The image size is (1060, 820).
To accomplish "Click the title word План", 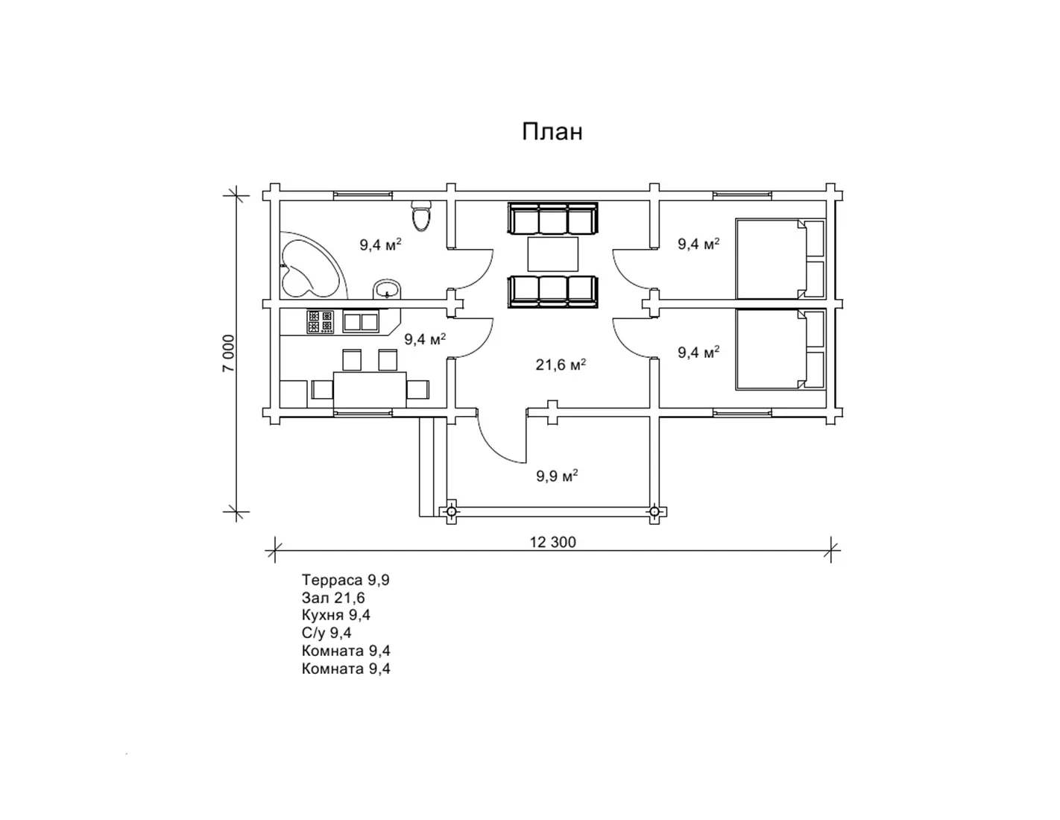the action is (x=552, y=132).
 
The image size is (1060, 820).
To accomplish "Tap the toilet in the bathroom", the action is (x=421, y=215).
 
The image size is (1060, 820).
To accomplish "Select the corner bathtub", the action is (x=312, y=265).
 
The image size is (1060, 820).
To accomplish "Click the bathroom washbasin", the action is (x=388, y=289).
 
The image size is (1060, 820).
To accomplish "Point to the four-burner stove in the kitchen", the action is (x=320, y=322).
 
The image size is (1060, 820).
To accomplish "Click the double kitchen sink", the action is (x=361, y=322).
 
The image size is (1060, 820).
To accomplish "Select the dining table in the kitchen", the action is (x=370, y=390).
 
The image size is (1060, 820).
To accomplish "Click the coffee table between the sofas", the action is (x=552, y=254).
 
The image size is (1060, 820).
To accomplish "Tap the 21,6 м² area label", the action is (x=561, y=365).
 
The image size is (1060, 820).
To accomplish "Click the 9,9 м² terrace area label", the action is (x=557, y=476).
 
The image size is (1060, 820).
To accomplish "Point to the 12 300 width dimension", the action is (x=552, y=542).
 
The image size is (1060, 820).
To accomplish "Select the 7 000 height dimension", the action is (x=228, y=353).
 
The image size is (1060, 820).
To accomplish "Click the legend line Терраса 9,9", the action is (x=345, y=580).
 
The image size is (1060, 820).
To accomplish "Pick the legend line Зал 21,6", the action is (x=333, y=598).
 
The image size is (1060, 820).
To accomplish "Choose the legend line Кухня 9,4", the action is (x=336, y=615).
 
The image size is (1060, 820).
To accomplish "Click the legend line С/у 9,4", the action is (x=326, y=633).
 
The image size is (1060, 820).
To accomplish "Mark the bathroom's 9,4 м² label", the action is (x=380, y=244).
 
